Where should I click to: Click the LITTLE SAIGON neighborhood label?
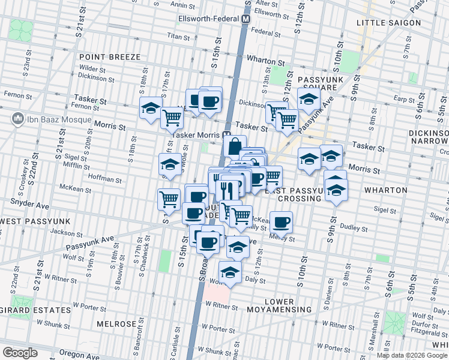coord(388,23)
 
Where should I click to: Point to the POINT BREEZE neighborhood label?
coord(110,57)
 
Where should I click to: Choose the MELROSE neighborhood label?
coord(116,324)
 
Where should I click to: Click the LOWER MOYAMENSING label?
coord(288,305)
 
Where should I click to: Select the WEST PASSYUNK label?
coord(35,221)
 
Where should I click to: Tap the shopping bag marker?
coord(234,146)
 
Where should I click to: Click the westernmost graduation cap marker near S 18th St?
coord(150,109)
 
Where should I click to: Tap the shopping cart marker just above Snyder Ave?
coord(169,199)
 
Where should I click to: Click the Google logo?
coord(20,352)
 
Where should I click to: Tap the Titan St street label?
coord(178,37)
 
